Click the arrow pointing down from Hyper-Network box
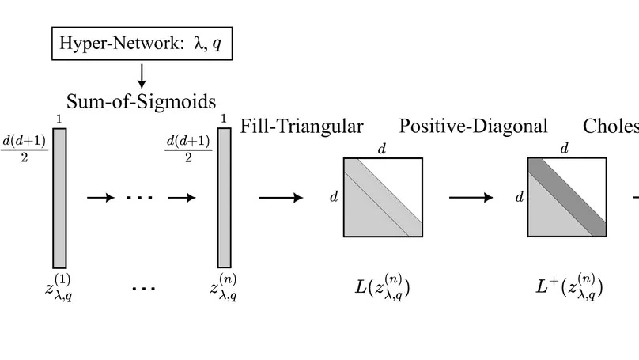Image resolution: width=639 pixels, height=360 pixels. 142,75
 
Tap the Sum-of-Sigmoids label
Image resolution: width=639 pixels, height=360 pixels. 142,102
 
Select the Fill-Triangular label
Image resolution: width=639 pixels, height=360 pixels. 301,126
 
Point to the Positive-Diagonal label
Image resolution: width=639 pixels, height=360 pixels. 473,126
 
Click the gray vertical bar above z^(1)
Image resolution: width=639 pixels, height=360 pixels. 59,197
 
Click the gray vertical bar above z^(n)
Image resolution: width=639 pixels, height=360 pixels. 225,197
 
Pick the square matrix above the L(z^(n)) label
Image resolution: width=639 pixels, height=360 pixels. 383,197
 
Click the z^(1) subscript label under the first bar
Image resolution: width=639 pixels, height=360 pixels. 59,288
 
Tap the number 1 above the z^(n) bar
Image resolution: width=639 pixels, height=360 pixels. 224,119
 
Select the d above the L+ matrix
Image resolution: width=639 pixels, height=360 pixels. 565,148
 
